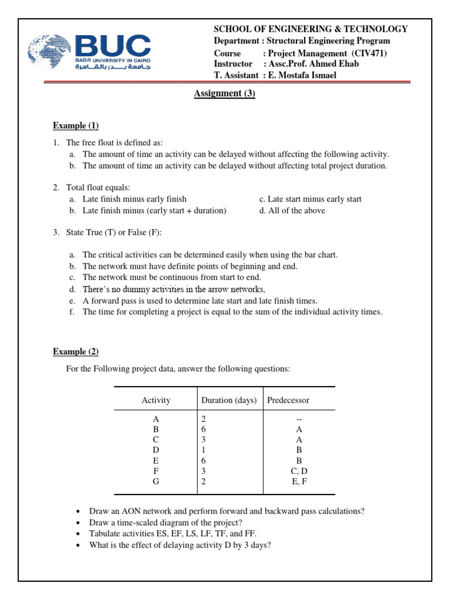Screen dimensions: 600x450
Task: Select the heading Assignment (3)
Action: [x=224, y=93]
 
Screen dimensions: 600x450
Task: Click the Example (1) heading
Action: [x=76, y=126]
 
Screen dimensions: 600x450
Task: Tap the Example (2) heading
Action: [x=76, y=352]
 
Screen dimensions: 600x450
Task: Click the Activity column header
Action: [x=156, y=401]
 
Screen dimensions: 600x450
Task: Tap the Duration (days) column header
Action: [x=229, y=401]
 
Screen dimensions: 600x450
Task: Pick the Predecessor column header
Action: [x=288, y=401]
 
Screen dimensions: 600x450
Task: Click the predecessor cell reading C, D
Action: [x=299, y=471]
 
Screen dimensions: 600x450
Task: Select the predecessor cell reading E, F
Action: [x=299, y=481]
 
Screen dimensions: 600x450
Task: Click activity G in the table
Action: [x=156, y=481]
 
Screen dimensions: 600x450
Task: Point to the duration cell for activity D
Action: [x=203, y=449]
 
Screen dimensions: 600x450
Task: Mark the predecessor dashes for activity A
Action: [x=299, y=418]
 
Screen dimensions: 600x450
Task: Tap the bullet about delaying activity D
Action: [x=179, y=544]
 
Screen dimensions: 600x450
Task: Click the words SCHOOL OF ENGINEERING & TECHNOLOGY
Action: [x=311, y=29]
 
